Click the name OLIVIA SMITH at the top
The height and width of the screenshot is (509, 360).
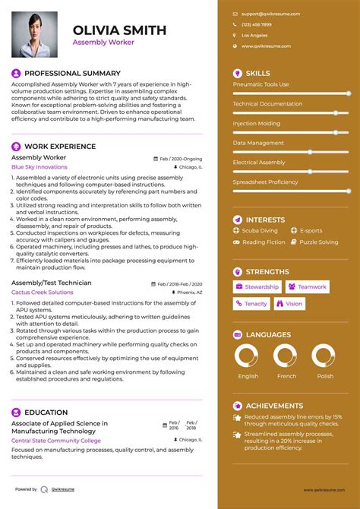118,30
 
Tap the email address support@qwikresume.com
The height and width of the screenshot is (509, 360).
270,14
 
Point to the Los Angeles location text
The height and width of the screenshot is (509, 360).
254,35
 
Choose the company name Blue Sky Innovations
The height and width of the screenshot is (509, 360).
39,166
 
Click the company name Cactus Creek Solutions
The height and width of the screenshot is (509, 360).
43,292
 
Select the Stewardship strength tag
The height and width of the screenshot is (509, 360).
257,287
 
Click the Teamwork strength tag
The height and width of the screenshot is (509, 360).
308,287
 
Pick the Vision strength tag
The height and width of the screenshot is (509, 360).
289,304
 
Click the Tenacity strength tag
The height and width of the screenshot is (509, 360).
251,304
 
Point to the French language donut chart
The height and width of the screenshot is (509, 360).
286,356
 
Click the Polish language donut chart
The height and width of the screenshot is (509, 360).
324,356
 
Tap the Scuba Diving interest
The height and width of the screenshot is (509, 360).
260,230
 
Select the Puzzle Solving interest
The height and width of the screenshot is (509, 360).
318,242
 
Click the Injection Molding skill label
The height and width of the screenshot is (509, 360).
257,122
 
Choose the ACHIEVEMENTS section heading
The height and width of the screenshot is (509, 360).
274,406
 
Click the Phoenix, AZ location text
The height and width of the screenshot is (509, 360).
190,292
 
